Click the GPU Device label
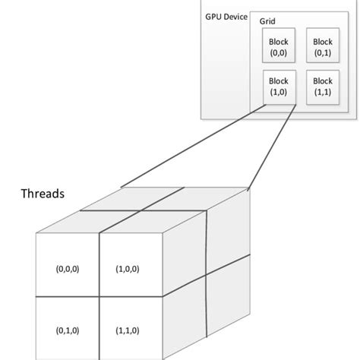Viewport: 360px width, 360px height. pos(226,17)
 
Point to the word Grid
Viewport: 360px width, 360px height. pos(268,24)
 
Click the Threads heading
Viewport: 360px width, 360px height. pos(42,193)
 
